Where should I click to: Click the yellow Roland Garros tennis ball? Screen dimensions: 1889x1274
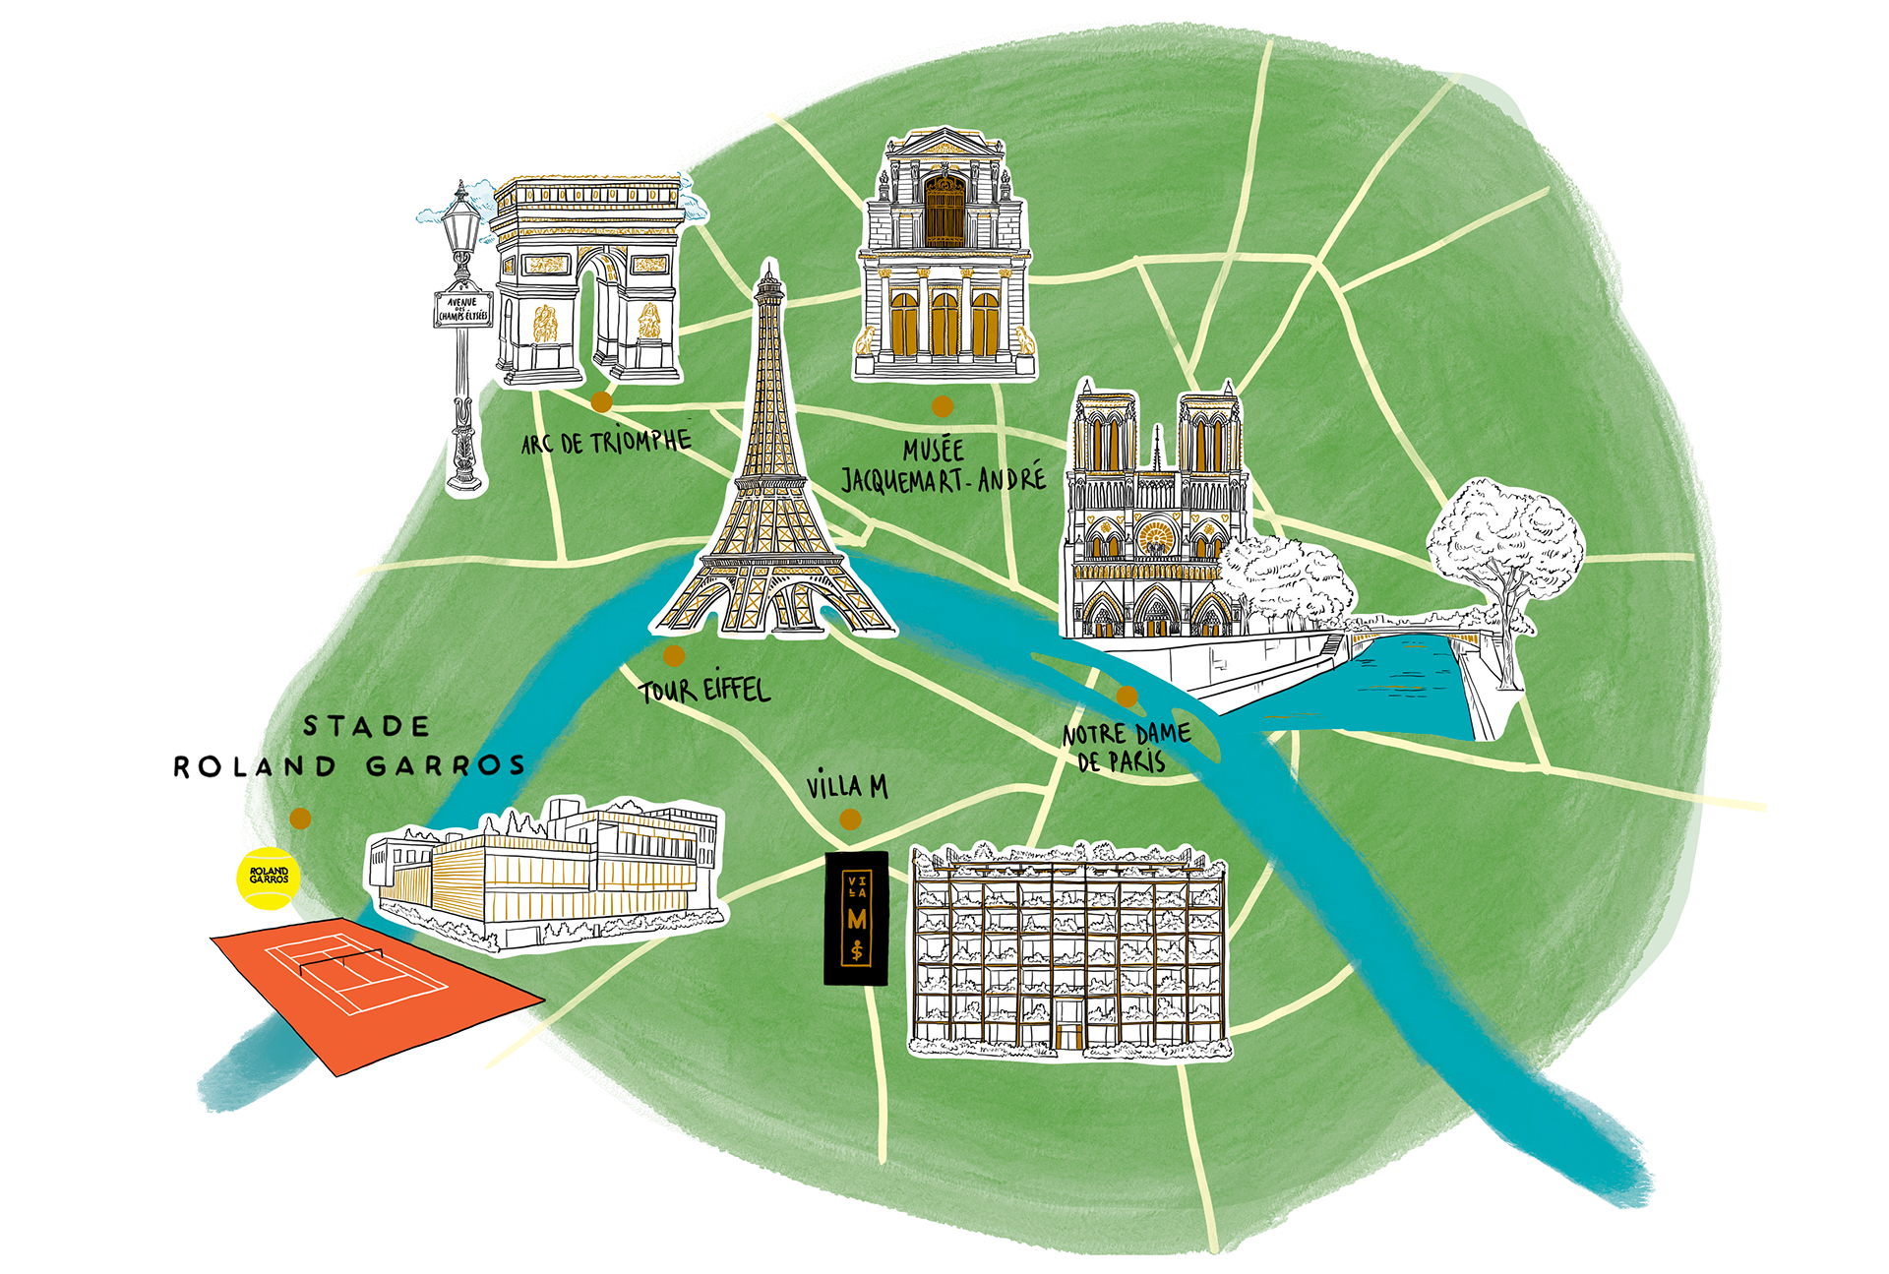tap(268, 877)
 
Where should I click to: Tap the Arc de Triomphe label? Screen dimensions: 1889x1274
tap(606, 442)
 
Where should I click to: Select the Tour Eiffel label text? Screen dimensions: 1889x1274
tap(704, 689)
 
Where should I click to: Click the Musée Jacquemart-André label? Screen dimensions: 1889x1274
tap(943, 465)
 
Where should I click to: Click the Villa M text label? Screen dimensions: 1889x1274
tap(847, 786)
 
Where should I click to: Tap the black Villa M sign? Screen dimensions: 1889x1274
tap(856, 918)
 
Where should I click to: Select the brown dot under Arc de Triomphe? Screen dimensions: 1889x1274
tap(601, 401)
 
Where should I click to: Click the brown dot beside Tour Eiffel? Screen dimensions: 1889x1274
tap(674, 655)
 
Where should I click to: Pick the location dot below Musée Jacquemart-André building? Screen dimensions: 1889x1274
tap(943, 405)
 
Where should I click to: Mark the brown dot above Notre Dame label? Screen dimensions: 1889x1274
tap(1127, 697)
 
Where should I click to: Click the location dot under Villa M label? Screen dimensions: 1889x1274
tap(850, 819)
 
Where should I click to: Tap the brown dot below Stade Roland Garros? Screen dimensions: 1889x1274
tap(300, 819)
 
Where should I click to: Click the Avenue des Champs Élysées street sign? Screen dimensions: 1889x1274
tap(463, 309)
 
